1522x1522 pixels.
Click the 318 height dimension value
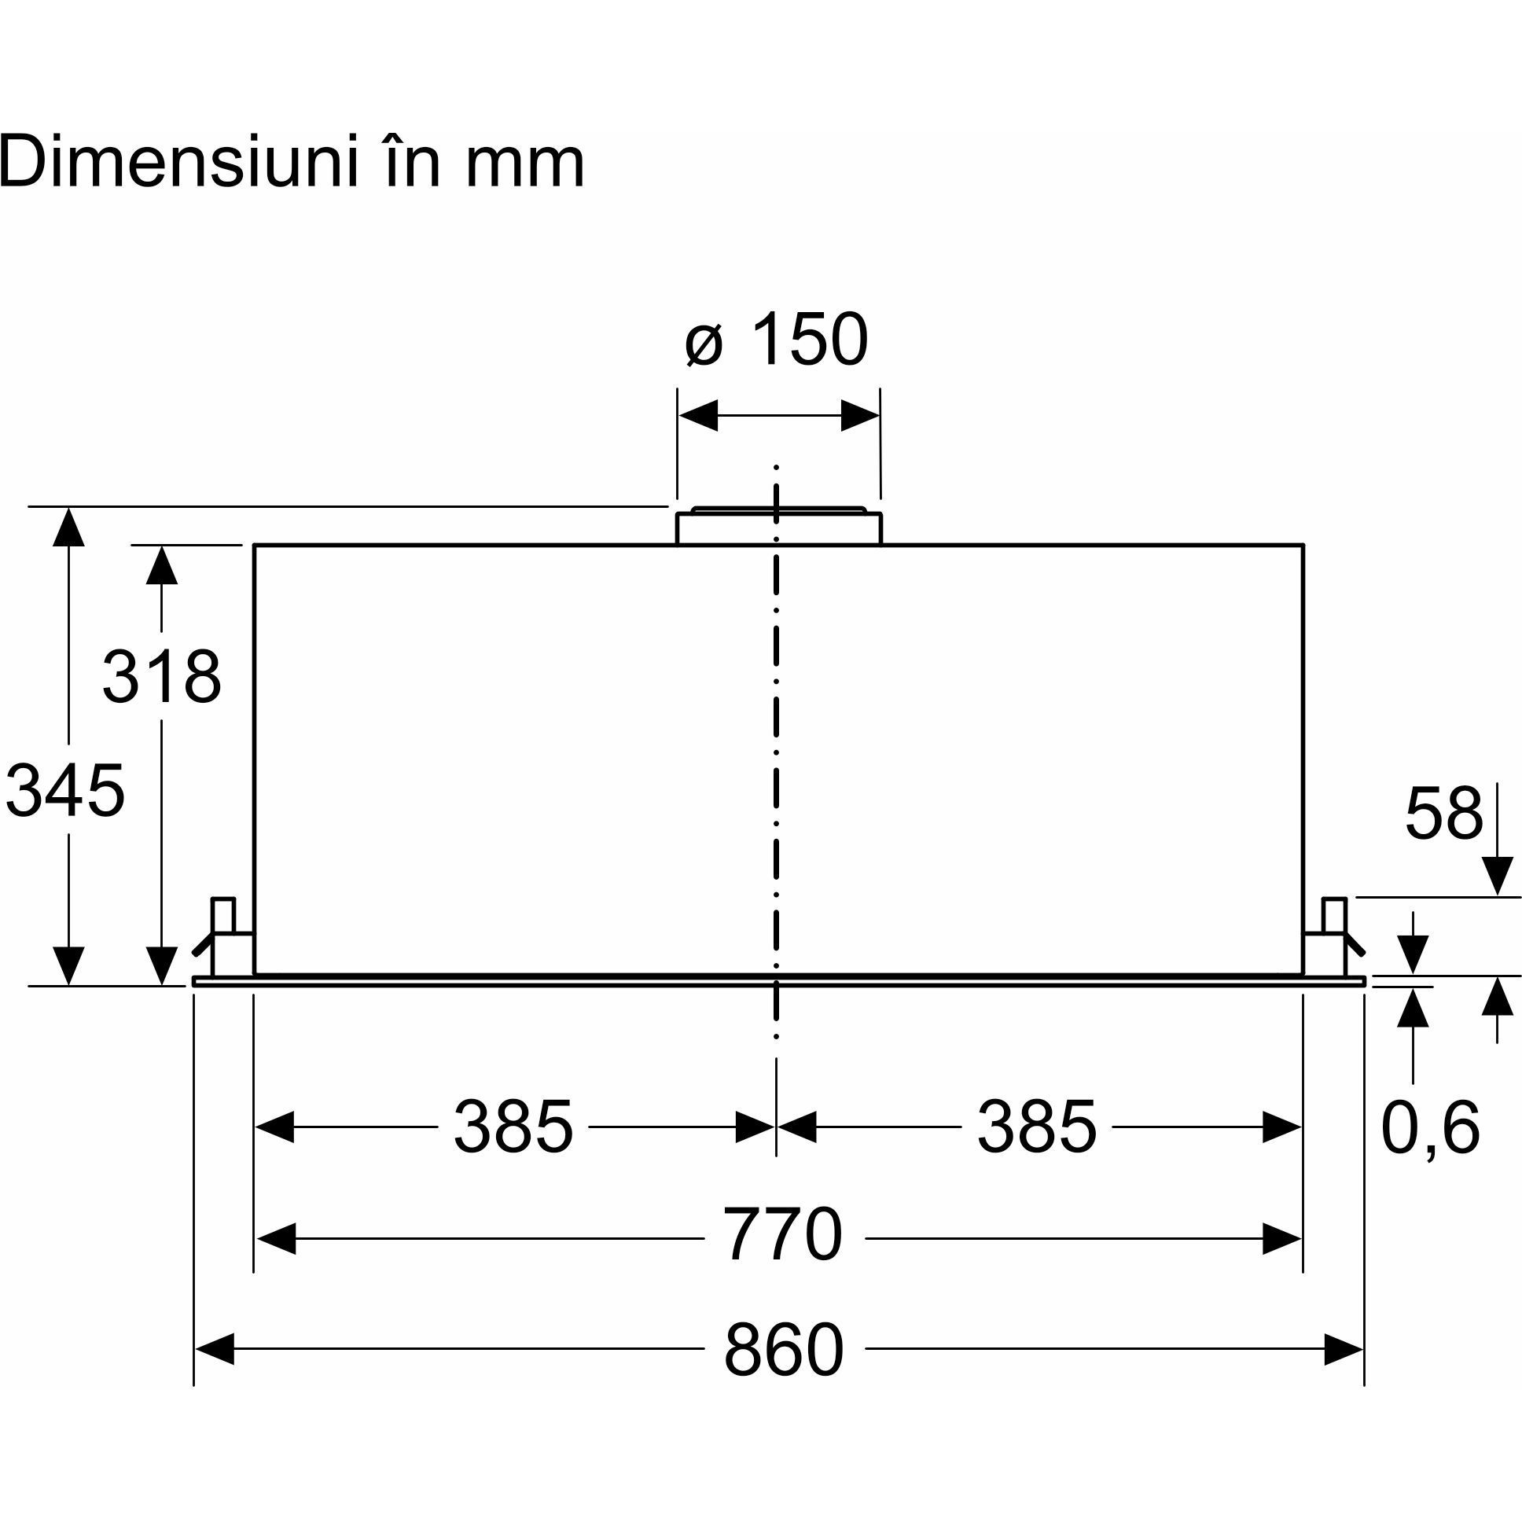[x=161, y=676]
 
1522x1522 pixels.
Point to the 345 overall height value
[x=65, y=790]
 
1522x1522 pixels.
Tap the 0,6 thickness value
[x=1431, y=1127]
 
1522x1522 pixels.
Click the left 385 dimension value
[x=513, y=1127]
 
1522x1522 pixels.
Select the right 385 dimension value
[x=1037, y=1127]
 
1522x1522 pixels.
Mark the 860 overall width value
[x=784, y=1350]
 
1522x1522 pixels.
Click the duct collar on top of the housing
[x=778, y=525]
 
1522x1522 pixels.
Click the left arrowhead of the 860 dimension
[x=215, y=1350]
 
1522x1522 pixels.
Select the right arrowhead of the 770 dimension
[x=1281, y=1238]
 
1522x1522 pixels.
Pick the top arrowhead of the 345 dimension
[x=68, y=527]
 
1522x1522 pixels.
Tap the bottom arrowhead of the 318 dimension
[x=161, y=965]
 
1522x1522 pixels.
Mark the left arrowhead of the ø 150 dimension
[x=698, y=415]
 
